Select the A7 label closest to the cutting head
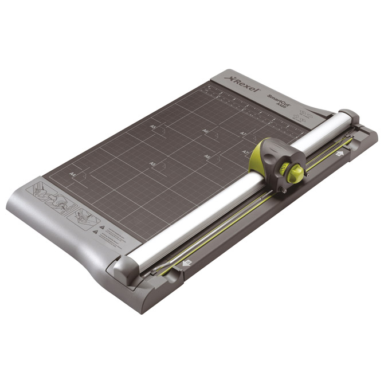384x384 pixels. click(x=245, y=152)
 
